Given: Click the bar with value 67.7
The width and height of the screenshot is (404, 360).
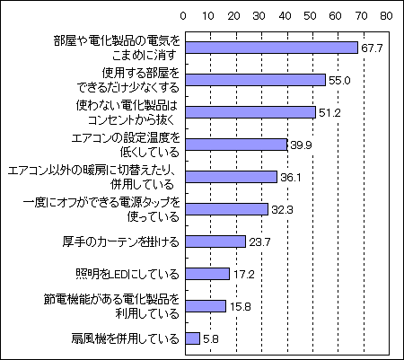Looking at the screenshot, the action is tap(271, 48).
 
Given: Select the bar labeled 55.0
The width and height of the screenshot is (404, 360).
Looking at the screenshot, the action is tap(255, 80).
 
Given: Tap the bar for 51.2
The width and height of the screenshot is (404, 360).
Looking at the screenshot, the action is tap(250, 112).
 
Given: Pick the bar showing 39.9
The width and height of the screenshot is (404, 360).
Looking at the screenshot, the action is tap(236, 145).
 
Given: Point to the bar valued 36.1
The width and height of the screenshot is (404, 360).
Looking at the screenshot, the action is tap(232, 177).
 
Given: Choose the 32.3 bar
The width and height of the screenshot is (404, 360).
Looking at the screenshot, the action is tap(226, 209).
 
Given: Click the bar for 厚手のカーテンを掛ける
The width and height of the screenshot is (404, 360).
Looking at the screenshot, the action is tap(215, 241).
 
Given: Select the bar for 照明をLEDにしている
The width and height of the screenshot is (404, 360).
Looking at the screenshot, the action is tap(207, 274).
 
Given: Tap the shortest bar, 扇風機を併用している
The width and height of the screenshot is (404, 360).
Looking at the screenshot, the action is tap(193, 338).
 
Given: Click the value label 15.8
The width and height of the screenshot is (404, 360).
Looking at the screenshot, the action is tap(241, 307).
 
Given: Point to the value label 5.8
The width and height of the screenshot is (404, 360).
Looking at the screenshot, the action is tap(211, 339).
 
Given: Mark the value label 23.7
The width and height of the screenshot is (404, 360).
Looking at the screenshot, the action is tap(259, 242).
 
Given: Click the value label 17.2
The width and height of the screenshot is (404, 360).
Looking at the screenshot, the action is tap(244, 275).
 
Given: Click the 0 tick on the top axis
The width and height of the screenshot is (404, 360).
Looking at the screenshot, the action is tap(183, 16).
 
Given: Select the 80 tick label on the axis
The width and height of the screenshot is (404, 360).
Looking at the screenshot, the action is tap(387, 16).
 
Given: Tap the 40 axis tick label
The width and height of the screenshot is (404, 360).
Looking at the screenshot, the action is tap(285, 16).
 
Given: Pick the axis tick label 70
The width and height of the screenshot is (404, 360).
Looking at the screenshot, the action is tap(361, 16).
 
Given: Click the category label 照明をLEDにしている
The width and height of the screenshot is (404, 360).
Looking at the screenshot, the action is tap(127, 274).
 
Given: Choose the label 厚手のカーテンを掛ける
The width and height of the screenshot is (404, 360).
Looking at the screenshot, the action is tap(121, 241).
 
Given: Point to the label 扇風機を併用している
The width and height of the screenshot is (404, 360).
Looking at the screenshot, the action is tap(125, 338).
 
